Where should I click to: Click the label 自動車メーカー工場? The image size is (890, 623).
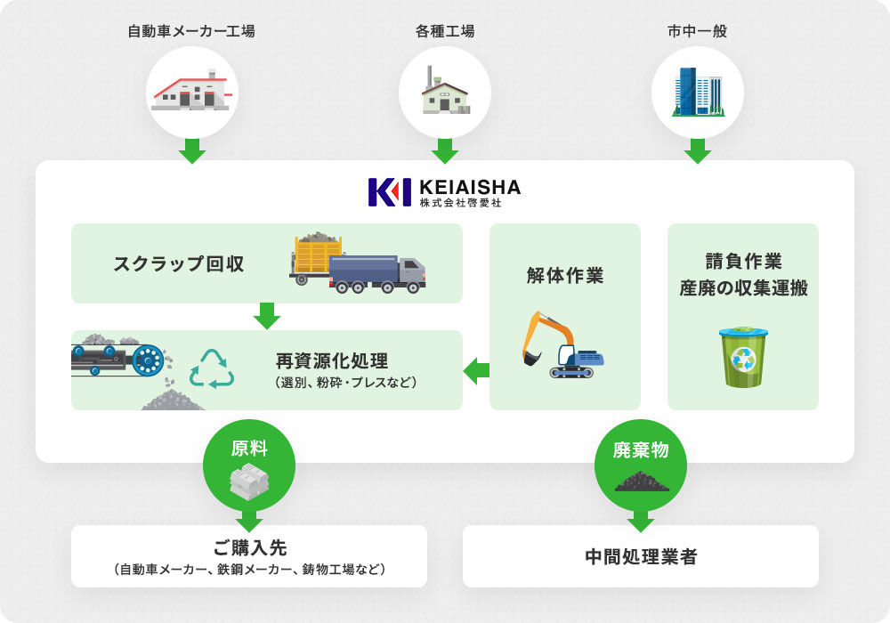pos(191,31)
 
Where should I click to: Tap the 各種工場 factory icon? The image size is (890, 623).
pos(445,92)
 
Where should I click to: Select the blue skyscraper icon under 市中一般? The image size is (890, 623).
pos(698,92)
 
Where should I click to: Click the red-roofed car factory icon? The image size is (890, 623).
pos(191,91)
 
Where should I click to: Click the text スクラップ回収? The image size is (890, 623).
pos(179,263)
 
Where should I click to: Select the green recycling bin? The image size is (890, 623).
pos(742,357)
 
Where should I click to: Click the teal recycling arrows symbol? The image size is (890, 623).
pos(212,368)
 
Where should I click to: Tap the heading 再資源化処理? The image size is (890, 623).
pos(331,361)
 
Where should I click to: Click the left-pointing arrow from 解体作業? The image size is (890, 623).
pos(476,370)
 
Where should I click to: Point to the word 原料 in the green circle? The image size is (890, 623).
pos(249,448)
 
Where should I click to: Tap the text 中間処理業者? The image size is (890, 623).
pos(641,557)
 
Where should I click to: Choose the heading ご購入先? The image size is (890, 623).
pos(249,547)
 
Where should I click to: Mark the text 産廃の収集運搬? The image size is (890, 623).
pos(743,288)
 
